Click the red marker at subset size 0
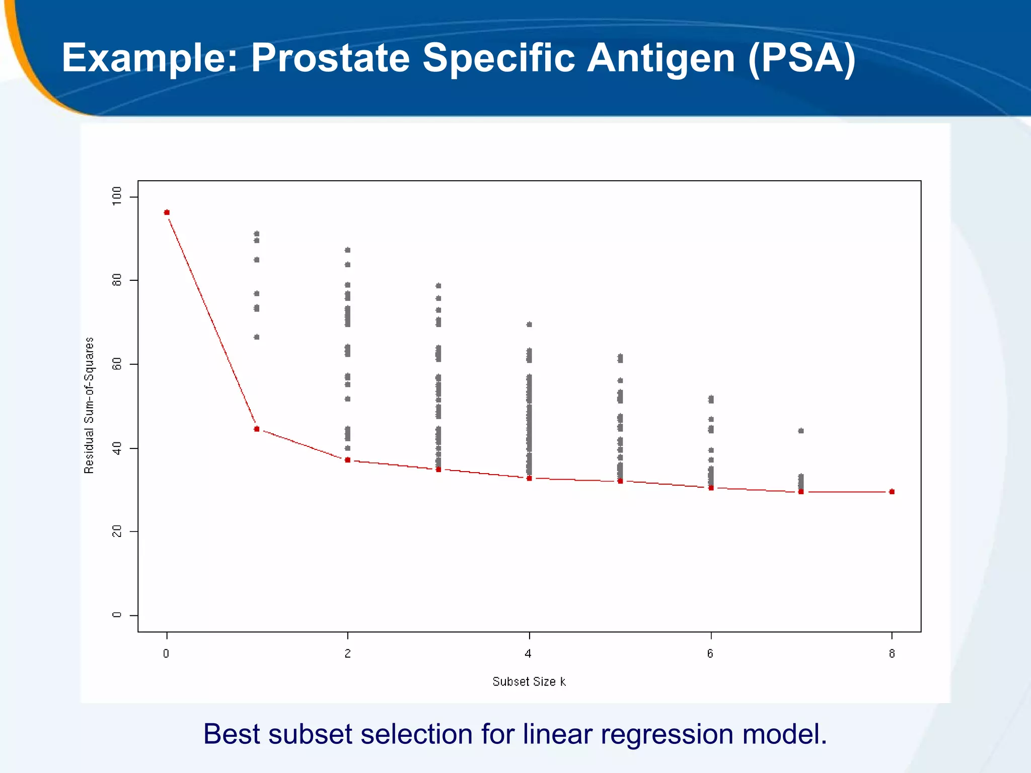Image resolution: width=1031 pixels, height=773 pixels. [x=167, y=212]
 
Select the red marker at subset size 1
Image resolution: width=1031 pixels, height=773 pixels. [x=257, y=429]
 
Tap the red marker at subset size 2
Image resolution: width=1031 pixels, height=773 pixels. [x=347, y=460]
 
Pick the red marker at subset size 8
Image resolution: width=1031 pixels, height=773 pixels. [x=892, y=492]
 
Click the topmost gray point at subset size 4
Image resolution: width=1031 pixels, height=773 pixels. [x=529, y=325]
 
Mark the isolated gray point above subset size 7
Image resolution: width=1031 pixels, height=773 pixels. [x=801, y=431]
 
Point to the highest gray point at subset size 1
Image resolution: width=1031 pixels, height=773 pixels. [x=257, y=234]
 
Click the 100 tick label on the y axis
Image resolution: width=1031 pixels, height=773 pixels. [x=117, y=196]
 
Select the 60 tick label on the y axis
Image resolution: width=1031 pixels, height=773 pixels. [x=117, y=364]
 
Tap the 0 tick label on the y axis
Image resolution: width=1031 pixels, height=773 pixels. [x=117, y=615]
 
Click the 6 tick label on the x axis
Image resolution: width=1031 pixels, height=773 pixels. [x=710, y=654]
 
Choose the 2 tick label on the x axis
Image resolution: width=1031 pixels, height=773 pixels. [x=347, y=654]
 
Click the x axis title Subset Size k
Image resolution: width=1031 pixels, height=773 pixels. [x=529, y=681]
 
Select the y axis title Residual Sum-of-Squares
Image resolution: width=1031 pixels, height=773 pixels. [x=89, y=405]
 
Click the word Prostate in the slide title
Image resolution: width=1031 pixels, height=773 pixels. [x=330, y=58]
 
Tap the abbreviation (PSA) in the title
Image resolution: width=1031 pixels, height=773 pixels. [x=801, y=59]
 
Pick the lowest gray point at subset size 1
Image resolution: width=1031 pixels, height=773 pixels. [x=257, y=337]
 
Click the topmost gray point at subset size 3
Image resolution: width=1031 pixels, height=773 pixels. [x=438, y=286]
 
